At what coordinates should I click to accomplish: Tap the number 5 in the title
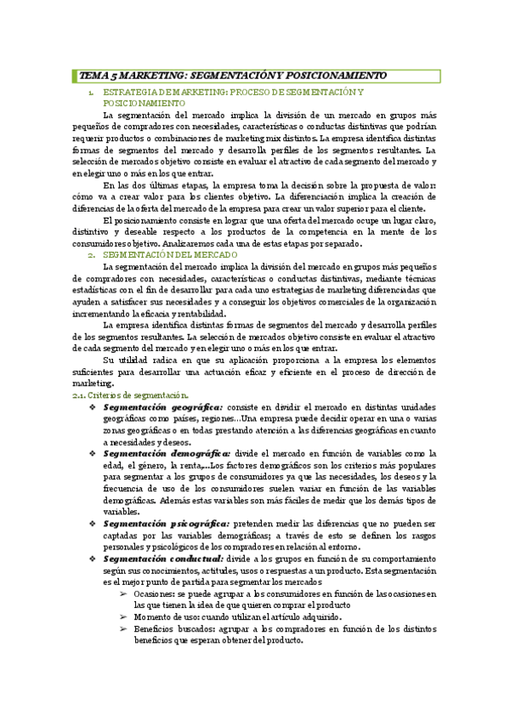tap(114, 75)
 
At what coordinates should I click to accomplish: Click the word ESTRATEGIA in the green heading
tap(130, 90)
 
